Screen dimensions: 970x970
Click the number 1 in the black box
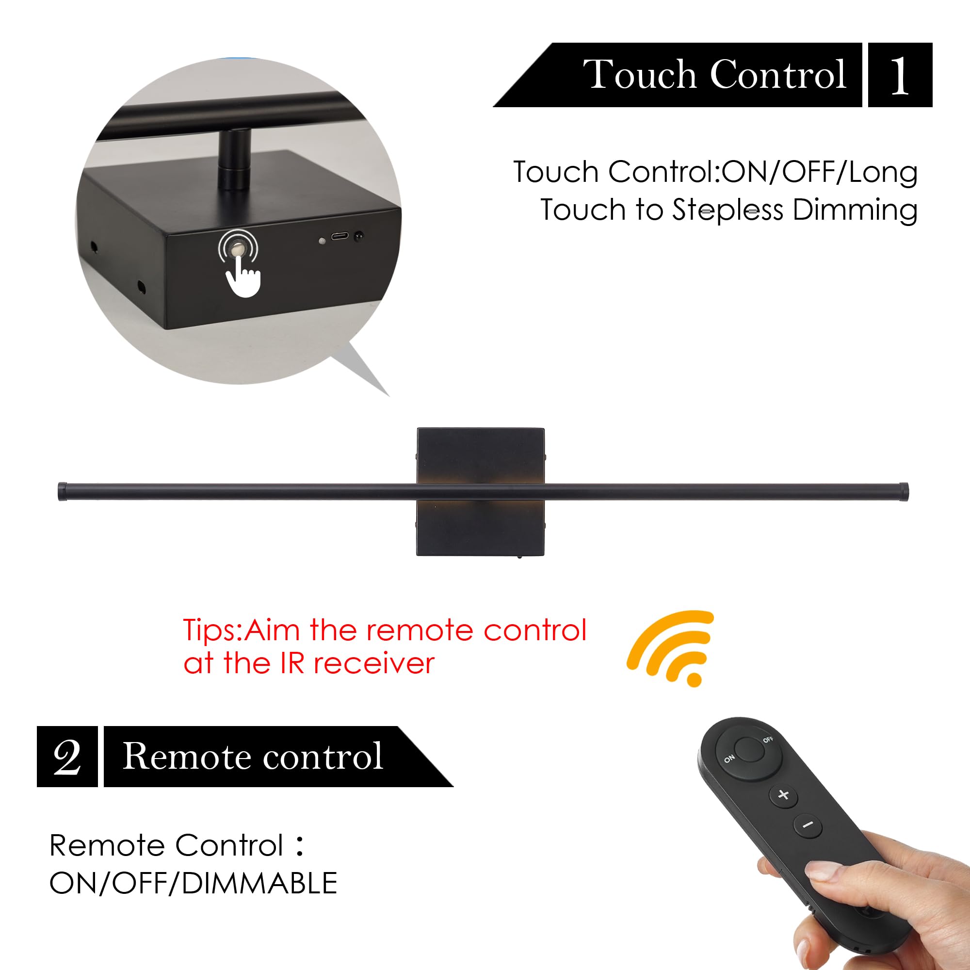click(899, 75)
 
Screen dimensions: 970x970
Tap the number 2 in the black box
click(67, 757)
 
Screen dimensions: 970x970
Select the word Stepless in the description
click(727, 210)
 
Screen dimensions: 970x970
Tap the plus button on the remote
click(783, 795)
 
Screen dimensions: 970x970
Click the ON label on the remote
click(729, 759)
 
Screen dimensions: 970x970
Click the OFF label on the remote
click(768, 740)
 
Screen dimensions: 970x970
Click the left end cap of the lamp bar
click(63, 491)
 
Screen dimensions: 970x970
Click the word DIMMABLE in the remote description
click(259, 883)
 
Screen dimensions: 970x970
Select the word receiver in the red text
click(374, 664)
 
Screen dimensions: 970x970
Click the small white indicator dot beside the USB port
click(322, 241)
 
